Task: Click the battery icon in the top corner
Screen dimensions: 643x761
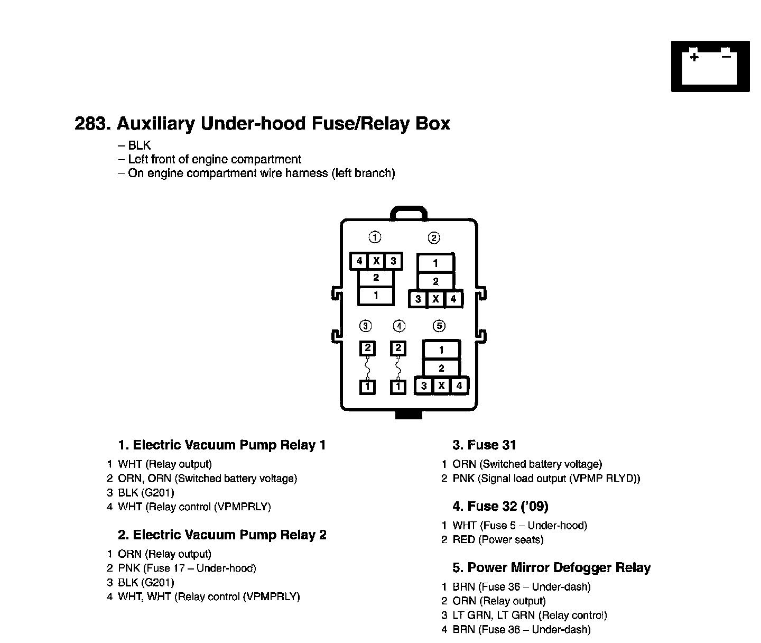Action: [710, 67]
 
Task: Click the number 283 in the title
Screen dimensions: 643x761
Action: [92, 124]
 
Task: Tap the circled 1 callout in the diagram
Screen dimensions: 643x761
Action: [375, 237]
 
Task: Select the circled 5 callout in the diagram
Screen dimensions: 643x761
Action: [439, 326]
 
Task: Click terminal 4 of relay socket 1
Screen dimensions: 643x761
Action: [359, 261]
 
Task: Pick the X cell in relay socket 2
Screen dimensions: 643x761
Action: [435, 299]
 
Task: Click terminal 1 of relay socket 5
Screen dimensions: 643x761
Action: [441, 350]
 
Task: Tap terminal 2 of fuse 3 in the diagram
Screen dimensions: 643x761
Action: [367, 348]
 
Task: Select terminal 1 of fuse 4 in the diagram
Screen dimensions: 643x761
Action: [398, 388]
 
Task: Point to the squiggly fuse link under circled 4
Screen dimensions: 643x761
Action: [398, 368]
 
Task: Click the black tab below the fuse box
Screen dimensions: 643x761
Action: [409, 415]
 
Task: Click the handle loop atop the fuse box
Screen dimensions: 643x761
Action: [408, 213]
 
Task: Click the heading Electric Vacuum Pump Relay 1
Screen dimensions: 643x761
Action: [222, 445]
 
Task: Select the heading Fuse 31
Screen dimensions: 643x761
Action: [484, 445]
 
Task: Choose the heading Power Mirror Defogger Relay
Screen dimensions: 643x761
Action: [552, 568]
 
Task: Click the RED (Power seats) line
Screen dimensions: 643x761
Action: [498, 540]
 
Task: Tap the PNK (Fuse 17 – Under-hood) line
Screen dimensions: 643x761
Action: [187, 568]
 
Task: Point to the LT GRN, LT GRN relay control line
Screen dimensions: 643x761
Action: [530, 616]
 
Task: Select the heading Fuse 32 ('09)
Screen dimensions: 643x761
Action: [500, 507]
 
